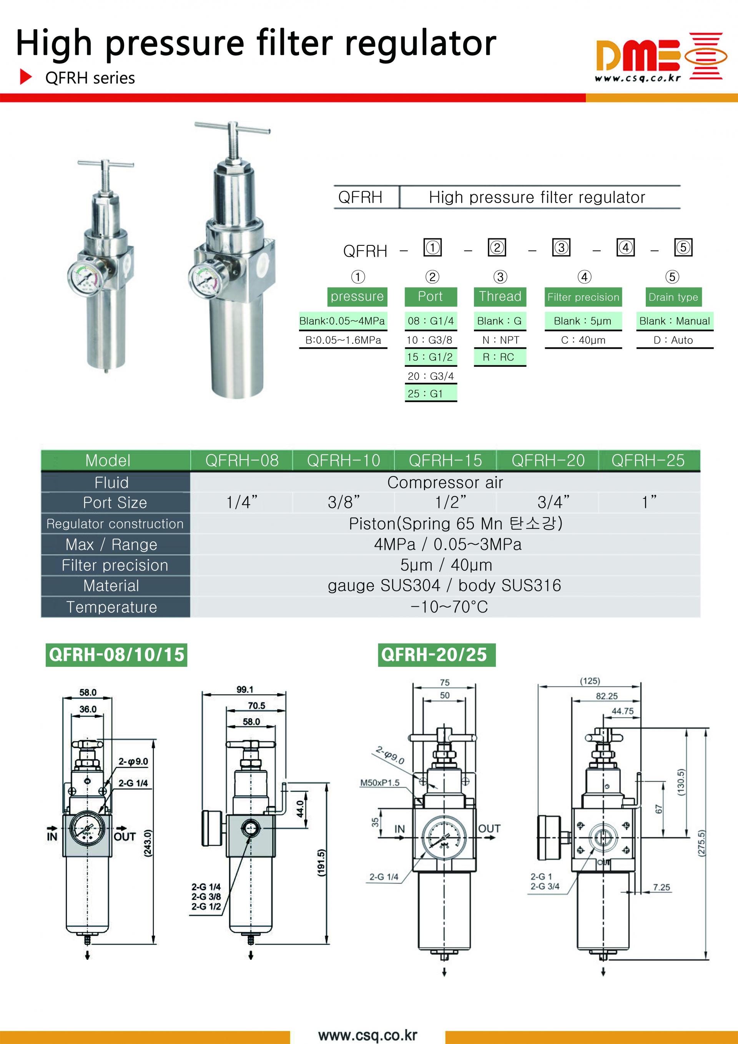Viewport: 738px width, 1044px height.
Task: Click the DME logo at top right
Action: point(658,57)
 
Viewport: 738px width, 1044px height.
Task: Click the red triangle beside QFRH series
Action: point(26,77)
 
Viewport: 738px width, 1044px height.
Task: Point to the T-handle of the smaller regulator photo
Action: point(105,164)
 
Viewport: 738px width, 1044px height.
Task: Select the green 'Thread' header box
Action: point(500,296)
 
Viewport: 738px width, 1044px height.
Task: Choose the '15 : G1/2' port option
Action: point(430,357)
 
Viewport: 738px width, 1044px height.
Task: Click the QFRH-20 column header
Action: point(548,460)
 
